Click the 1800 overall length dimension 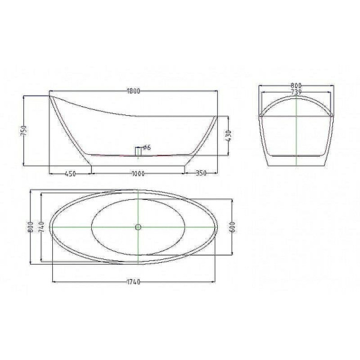133,91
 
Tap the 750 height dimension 24,130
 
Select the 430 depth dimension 229,136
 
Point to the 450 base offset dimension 70,174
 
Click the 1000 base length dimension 138,173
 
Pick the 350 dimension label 201,173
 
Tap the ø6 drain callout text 147,148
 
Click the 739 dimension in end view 296,92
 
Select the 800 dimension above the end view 296,85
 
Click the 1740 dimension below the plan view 133,282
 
